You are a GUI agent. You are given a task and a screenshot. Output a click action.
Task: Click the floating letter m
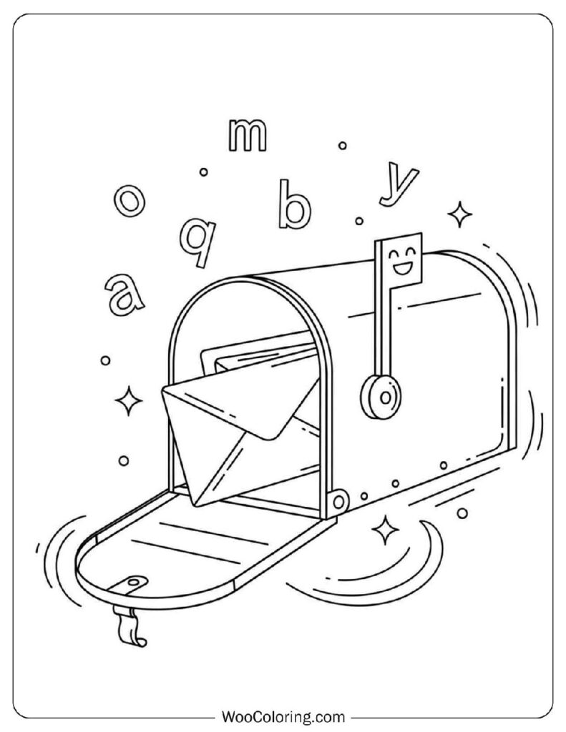click(248, 135)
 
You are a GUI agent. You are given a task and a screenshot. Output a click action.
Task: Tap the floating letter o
click(130, 201)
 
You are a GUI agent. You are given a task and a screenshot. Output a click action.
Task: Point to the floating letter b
click(294, 204)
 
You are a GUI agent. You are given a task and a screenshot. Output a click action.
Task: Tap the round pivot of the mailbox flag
click(381, 397)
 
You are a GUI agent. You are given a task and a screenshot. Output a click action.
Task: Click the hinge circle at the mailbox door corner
click(340, 501)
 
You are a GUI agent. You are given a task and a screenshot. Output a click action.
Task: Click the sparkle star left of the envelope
click(128, 400)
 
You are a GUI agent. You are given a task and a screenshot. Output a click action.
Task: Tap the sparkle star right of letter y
click(459, 214)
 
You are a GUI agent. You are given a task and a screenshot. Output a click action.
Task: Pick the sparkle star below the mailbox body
click(385, 530)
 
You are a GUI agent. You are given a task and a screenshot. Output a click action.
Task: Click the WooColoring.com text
click(283, 716)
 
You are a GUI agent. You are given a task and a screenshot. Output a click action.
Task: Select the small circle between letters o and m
click(203, 172)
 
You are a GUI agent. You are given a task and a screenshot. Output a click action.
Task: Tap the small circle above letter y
click(343, 146)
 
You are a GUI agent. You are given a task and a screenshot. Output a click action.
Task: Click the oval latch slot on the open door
click(135, 581)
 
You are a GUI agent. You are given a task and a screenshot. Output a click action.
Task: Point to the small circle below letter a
click(106, 360)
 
